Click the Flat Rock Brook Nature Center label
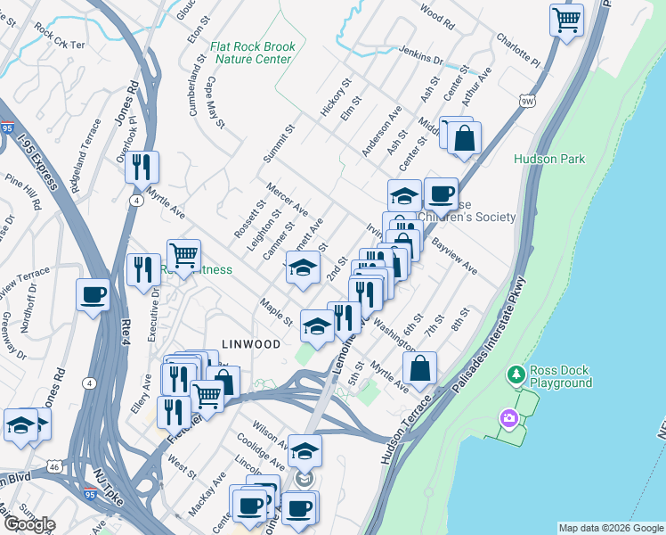pyautogui.click(x=252, y=53)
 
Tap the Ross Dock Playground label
pyautogui.click(x=560, y=376)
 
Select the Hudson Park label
pyautogui.click(x=549, y=159)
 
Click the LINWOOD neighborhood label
pyautogui.click(x=252, y=343)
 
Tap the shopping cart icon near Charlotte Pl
pyautogui.click(x=566, y=20)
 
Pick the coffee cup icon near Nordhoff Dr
pyautogui.click(x=93, y=296)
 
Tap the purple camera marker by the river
pyautogui.click(x=508, y=417)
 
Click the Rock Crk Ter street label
pyautogui.click(x=60, y=44)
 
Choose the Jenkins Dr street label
pyautogui.click(x=420, y=55)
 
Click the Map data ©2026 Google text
pyautogui.click(x=610, y=528)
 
